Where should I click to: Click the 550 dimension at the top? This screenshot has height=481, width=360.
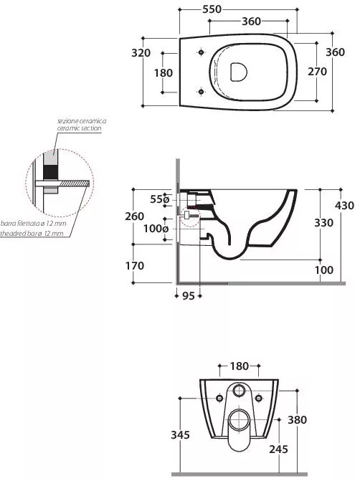tap(212, 9)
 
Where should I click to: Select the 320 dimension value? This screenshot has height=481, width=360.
tap(141, 53)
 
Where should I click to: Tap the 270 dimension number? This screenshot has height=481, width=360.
tap(318, 72)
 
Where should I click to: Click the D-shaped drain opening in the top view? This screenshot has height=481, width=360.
tap(239, 72)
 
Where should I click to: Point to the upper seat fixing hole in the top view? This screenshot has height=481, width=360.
tap(201, 52)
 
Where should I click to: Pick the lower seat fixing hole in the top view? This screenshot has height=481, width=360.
tap(201, 92)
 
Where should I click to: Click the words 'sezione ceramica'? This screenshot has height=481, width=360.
tap(82, 121)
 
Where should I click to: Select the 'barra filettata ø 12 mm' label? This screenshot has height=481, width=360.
tap(33, 224)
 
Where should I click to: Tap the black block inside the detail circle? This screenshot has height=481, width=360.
tap(50, 172)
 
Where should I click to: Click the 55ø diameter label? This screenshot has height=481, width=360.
tap(160, 199)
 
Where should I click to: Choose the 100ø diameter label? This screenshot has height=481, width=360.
tap(156, 229)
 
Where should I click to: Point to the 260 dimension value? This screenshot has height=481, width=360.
tap(134, 216)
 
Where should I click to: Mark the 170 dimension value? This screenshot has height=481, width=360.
tap(135, 266)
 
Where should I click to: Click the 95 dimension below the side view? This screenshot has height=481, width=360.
tap(189, 296)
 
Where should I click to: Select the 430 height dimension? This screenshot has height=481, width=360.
tap(344, 205)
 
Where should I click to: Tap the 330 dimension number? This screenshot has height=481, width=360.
tap(324, 223)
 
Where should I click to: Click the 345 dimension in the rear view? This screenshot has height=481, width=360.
tap(180, 434)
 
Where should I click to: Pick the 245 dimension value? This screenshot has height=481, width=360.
tap(279, 449)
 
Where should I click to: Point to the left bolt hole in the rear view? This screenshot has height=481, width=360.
tap(219, 398)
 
